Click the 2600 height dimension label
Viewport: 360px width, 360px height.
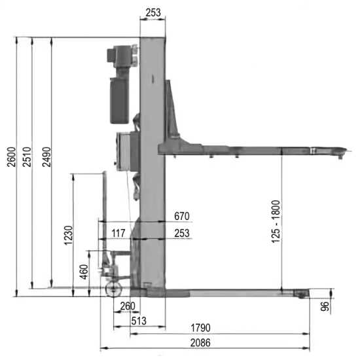point(12,157)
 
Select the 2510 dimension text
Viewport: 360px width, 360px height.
point(27,157)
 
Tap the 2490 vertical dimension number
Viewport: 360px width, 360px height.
point(47,157)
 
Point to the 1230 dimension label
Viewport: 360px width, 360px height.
point(69,236)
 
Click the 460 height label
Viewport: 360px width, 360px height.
point(84,272)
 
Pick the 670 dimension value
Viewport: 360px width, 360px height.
point(182,216)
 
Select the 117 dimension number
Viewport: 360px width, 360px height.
point(118,233)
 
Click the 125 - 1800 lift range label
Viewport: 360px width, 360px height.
point(276,221)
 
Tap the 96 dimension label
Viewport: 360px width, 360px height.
point(325,306)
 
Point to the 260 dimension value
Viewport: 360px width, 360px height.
point(128,306)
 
